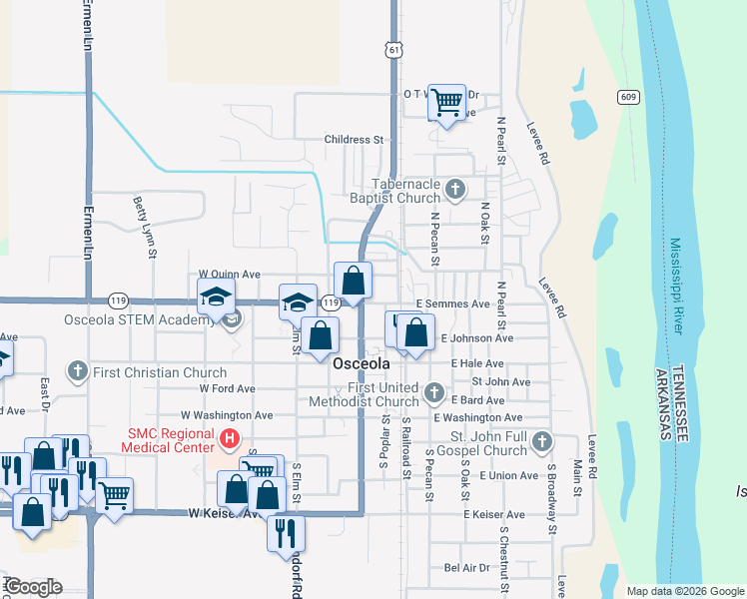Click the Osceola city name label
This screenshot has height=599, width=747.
click(x=360, y=363)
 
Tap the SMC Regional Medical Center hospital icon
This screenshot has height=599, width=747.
click(x=231, y=437)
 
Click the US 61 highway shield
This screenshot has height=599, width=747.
click(x=396, y=49)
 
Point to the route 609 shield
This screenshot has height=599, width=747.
click(x=627, y=97)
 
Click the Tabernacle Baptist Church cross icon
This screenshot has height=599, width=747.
click(x=455, y=189)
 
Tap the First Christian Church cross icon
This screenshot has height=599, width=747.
click(x=78, y=372)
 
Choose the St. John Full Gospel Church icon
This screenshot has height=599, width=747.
click(x=541, y=440)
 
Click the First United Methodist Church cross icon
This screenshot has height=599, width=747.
click(x=433, y=392)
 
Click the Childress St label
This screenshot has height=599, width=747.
click(x=354, y=140)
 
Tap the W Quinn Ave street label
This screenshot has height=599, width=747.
click(x=229, y=274)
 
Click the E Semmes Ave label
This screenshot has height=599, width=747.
click(x=453, y=303)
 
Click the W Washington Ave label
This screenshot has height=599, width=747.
click(x=227, y=414)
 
